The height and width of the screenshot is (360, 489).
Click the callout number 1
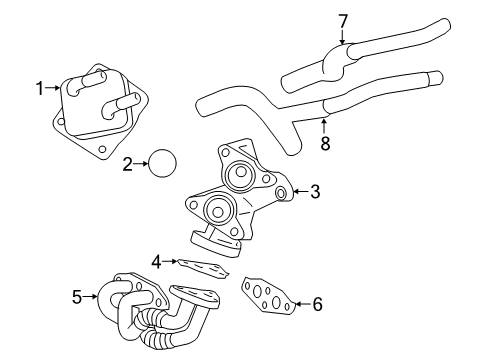41,89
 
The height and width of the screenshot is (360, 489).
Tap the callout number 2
127,164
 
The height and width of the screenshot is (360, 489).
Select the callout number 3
314,191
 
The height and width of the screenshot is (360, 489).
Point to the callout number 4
156,263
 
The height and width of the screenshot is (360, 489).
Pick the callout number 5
77,297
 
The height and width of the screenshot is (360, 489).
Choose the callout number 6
317,303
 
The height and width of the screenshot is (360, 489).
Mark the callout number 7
343,20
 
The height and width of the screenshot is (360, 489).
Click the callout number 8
324,142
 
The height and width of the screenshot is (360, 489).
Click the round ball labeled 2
162,163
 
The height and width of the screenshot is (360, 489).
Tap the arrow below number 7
343,38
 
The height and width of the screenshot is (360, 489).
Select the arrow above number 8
324,124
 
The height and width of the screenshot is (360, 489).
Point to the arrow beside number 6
299,303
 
